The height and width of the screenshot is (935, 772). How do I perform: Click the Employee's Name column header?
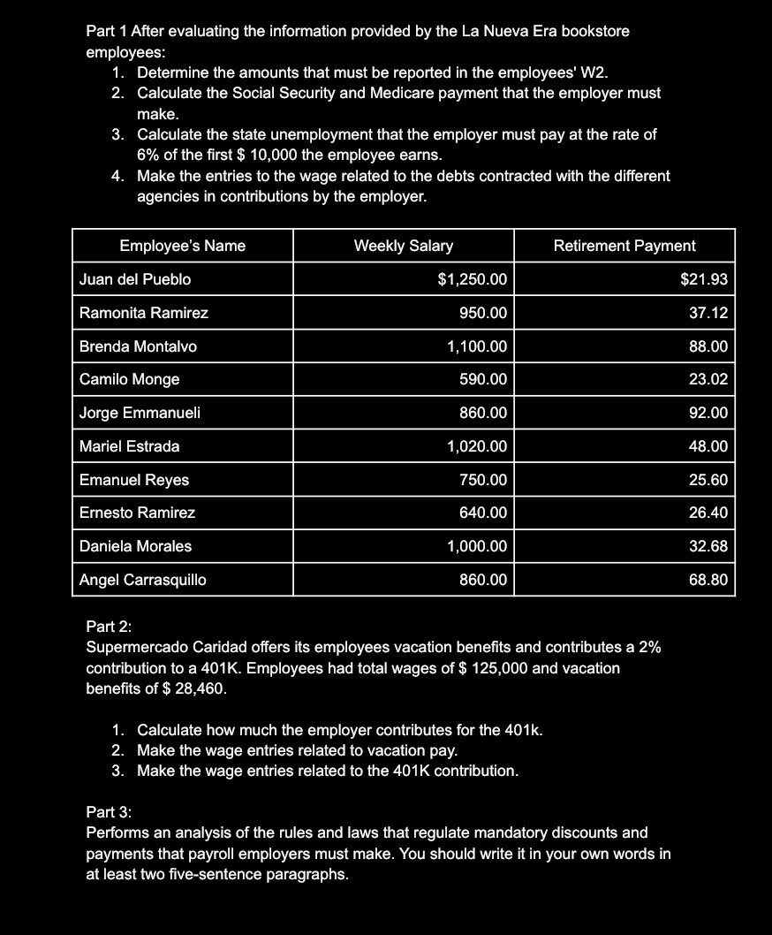point(182,246)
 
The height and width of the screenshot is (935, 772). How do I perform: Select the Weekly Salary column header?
point(403,246)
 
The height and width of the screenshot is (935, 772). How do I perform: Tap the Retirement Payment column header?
point(624,246)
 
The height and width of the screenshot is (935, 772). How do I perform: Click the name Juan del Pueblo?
point(135,279)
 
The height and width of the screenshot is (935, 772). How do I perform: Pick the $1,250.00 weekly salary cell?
point(473,279)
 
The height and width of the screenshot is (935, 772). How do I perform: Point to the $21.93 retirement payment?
point(704,279)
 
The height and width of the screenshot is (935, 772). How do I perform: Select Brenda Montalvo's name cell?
point(138,346)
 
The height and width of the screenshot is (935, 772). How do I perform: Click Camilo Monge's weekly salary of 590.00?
point(483,379)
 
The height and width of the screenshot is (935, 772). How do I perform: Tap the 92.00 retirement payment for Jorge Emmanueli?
point(708,413)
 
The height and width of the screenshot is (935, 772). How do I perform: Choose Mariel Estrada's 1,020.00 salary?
point(477,446)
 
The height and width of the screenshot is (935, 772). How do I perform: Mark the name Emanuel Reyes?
point(134,480)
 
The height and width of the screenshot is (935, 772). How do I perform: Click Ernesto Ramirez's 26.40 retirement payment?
point(708,513)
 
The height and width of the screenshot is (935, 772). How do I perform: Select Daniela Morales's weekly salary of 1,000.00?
point(477,546)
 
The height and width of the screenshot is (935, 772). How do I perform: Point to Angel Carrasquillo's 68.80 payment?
point(708,580)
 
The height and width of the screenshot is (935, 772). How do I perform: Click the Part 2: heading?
point(109,627)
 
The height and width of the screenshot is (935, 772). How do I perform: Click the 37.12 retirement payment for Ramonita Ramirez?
point(708,313)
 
